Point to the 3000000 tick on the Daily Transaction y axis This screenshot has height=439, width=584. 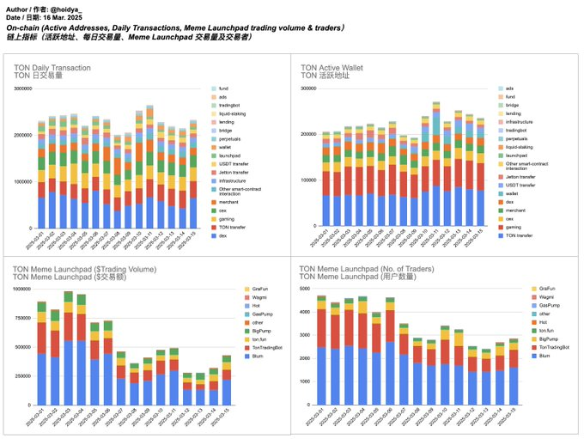point(43,88)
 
